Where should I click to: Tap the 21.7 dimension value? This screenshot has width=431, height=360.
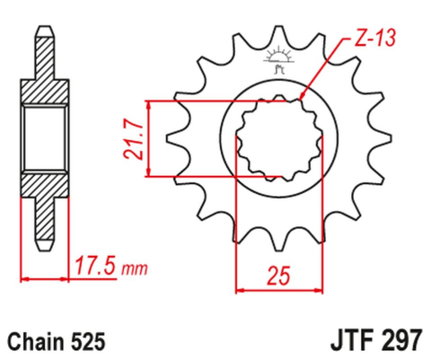pyautogui.click(x=134, y=138)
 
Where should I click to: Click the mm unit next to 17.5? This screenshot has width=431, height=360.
pyautogui.click(x=134, y=269)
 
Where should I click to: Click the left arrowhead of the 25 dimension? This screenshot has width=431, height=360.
pyautogui.click(x=240, y=289)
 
